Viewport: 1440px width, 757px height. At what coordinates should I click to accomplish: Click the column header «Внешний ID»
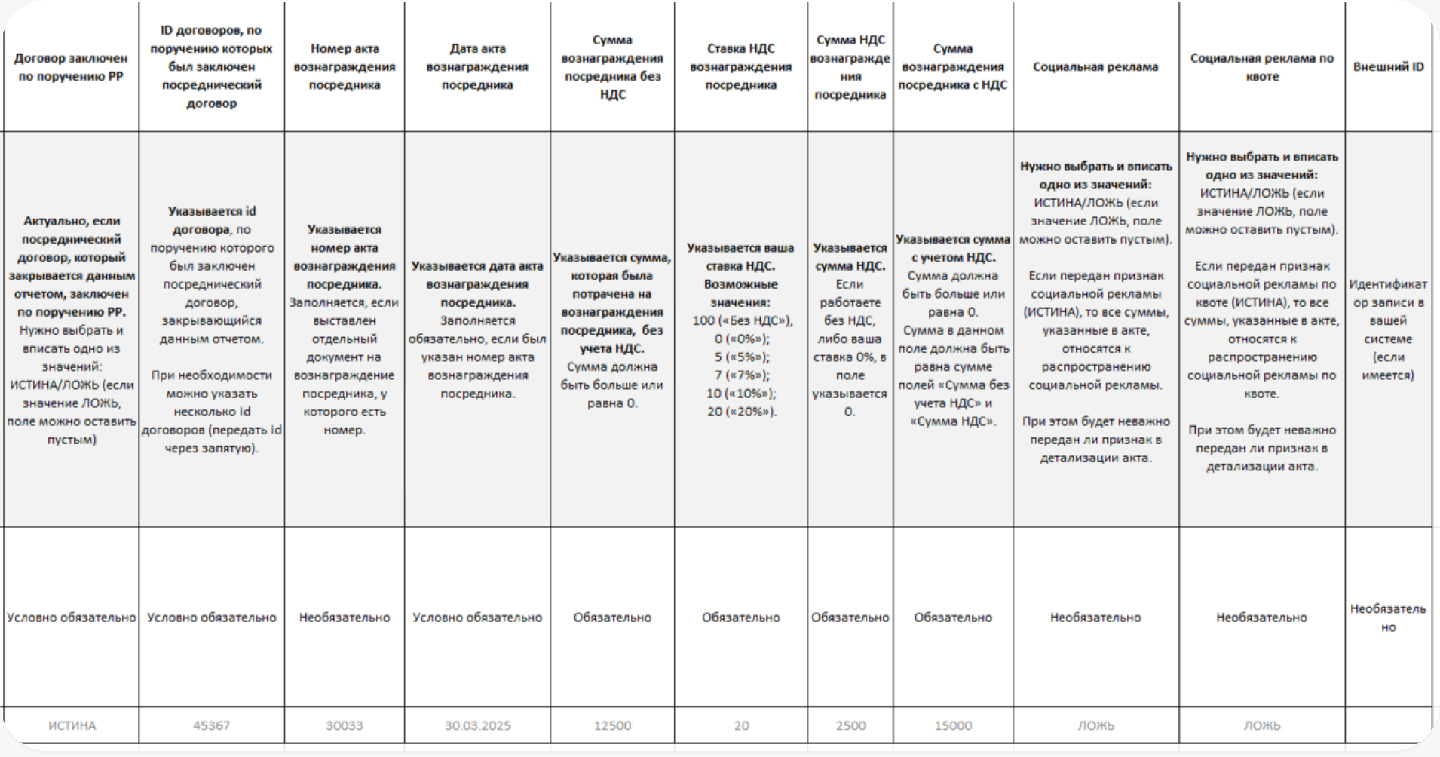pyautogui.click(x=1388, y=67)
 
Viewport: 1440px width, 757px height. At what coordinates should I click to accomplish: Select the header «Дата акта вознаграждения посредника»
pyautogui.click(x=477, y=67)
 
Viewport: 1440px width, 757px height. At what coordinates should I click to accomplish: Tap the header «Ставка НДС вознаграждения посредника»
pyautogui.click(x=740, y=67)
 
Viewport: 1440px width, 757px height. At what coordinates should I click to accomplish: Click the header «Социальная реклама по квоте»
pyautogui.click(x=1261, y=67)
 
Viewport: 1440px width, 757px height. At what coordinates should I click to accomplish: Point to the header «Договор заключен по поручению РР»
pyautogui.click(x=71, y=67)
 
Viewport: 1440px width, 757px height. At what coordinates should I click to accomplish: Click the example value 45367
pyautogui.click(x=211, y=725)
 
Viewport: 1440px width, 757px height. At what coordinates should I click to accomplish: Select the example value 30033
pyautogui.click(x=344, y=725)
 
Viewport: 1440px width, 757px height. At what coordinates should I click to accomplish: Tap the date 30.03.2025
pyautogui.click(x=477, y=725)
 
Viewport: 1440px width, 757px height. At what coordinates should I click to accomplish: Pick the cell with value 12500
pyautogui.click(x=612, y=725)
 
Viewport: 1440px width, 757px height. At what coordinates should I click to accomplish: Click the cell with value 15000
pyautogui.click(x=953, y=725)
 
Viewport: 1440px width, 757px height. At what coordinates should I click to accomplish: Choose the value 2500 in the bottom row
pyautogui.click(x=850, y=725)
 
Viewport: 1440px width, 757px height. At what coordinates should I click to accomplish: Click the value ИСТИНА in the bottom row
pyautogui.click(x=72, y=725)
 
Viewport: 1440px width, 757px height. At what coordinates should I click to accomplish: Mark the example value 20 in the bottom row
pyautogui.click(x=741, y=725)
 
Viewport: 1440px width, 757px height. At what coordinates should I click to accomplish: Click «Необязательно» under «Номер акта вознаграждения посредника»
pyautogui.click(x=345, y=618)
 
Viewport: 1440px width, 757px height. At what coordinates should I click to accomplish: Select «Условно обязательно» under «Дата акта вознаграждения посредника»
pyautogui.click(x=477, y=618)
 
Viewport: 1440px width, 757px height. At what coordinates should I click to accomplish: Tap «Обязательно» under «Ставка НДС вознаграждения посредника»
pyautogui.click(x=741, y=618)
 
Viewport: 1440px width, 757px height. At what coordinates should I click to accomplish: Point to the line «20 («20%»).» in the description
pyautogui.click(x=741, y=412)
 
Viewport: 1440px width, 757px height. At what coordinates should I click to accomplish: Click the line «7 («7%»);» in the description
pyautogui.click(x=742, y=375)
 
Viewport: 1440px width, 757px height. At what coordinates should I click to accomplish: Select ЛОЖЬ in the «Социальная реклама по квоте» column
pyautogui.click(x=1261, y=725)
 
